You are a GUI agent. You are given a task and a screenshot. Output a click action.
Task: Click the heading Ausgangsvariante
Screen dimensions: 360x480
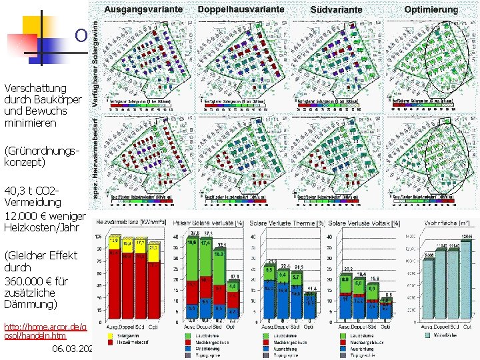144,9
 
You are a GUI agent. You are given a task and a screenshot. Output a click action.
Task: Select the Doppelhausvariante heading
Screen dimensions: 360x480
241,9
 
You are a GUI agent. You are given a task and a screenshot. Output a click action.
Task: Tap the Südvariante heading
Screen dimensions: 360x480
337,10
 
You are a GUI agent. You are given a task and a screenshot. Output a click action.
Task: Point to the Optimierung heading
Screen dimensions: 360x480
431,9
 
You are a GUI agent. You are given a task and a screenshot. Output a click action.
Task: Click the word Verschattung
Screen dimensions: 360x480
35,88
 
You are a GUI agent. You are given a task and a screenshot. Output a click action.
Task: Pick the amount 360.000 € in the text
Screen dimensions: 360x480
31,280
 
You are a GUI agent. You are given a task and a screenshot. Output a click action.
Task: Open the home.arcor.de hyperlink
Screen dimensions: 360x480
45,327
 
